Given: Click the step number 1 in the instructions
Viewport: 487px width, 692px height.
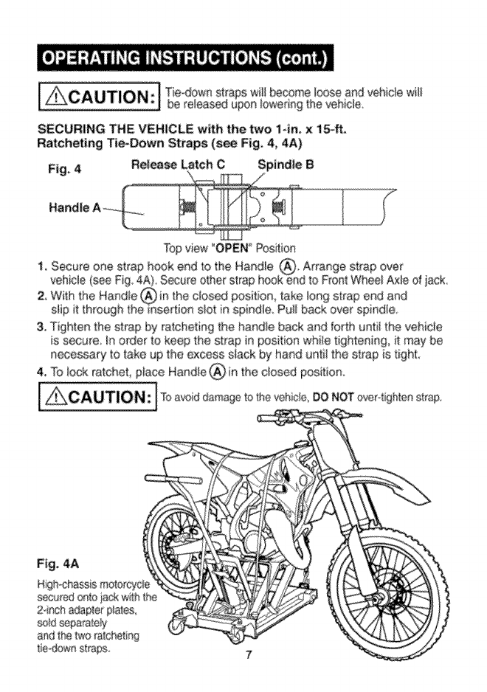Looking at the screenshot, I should click(x=51, y=262).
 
